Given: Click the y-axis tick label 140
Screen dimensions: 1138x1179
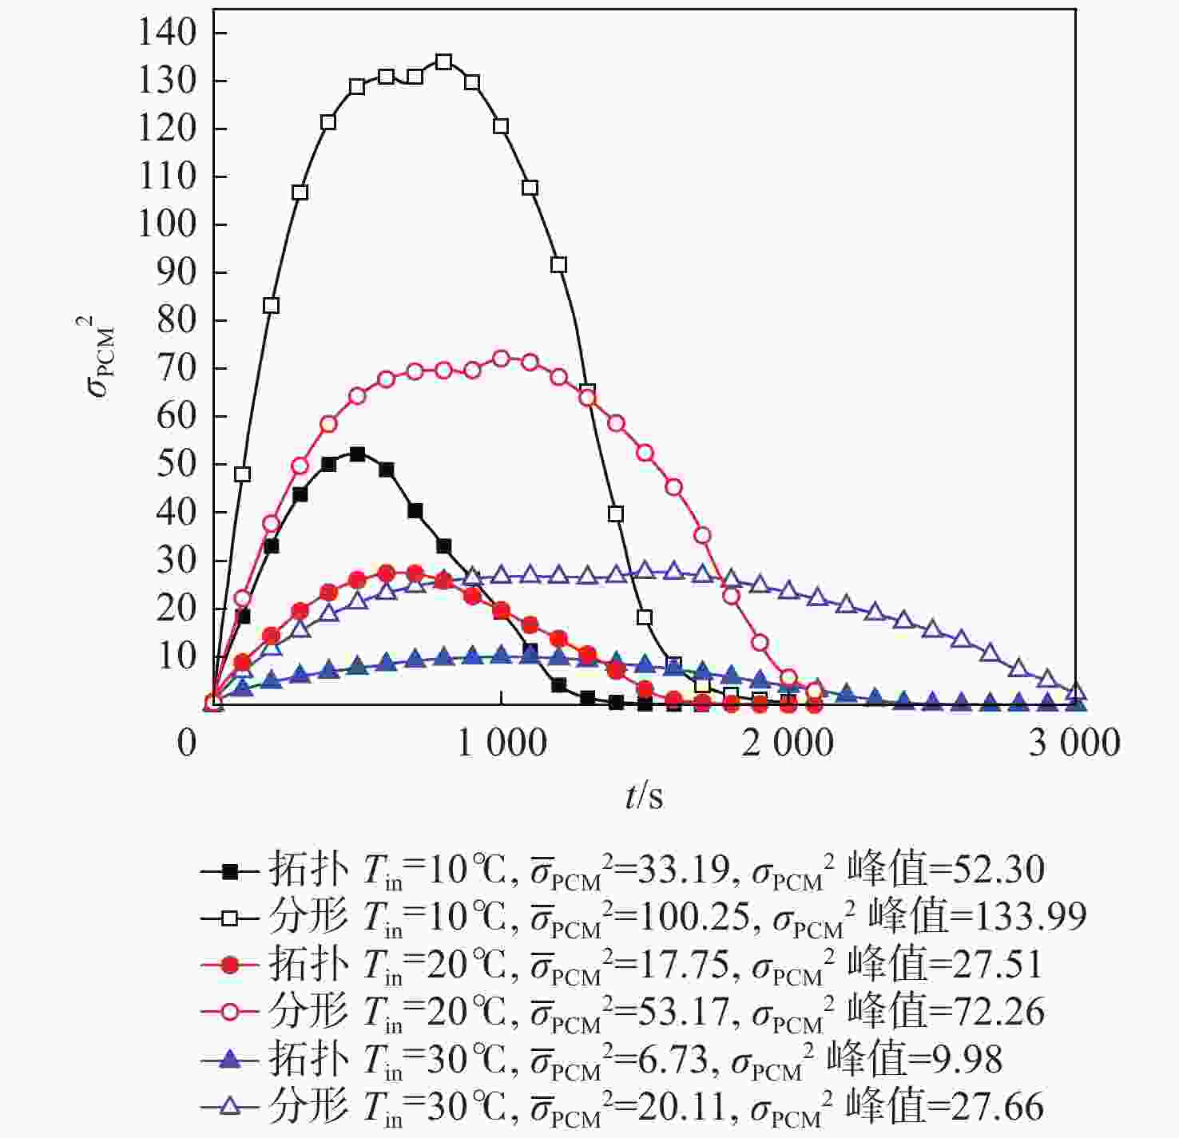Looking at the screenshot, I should coord(167,33).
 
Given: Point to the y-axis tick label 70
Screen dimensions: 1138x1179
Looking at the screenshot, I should coord(177,368).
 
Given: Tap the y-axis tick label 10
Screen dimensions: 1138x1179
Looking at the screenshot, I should coord(177,656).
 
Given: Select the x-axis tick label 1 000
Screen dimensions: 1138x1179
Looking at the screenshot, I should coord(502,743).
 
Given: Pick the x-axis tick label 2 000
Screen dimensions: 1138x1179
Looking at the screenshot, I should coord(788,743).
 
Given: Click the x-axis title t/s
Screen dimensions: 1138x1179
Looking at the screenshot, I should coord(644,795).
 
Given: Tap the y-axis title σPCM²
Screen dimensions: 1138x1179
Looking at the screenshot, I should coord(101,357).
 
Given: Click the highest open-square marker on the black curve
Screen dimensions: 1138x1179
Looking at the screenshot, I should coord(444,62).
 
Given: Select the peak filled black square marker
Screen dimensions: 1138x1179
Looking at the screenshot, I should coord(357,454).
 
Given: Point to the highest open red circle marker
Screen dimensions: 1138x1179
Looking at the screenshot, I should coord(502,359).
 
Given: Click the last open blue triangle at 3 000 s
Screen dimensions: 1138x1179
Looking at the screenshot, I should coord(1076,692).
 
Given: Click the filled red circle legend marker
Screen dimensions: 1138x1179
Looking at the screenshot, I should coord(230,966).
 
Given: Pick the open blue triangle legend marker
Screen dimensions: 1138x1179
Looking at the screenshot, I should coord(230,1106).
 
